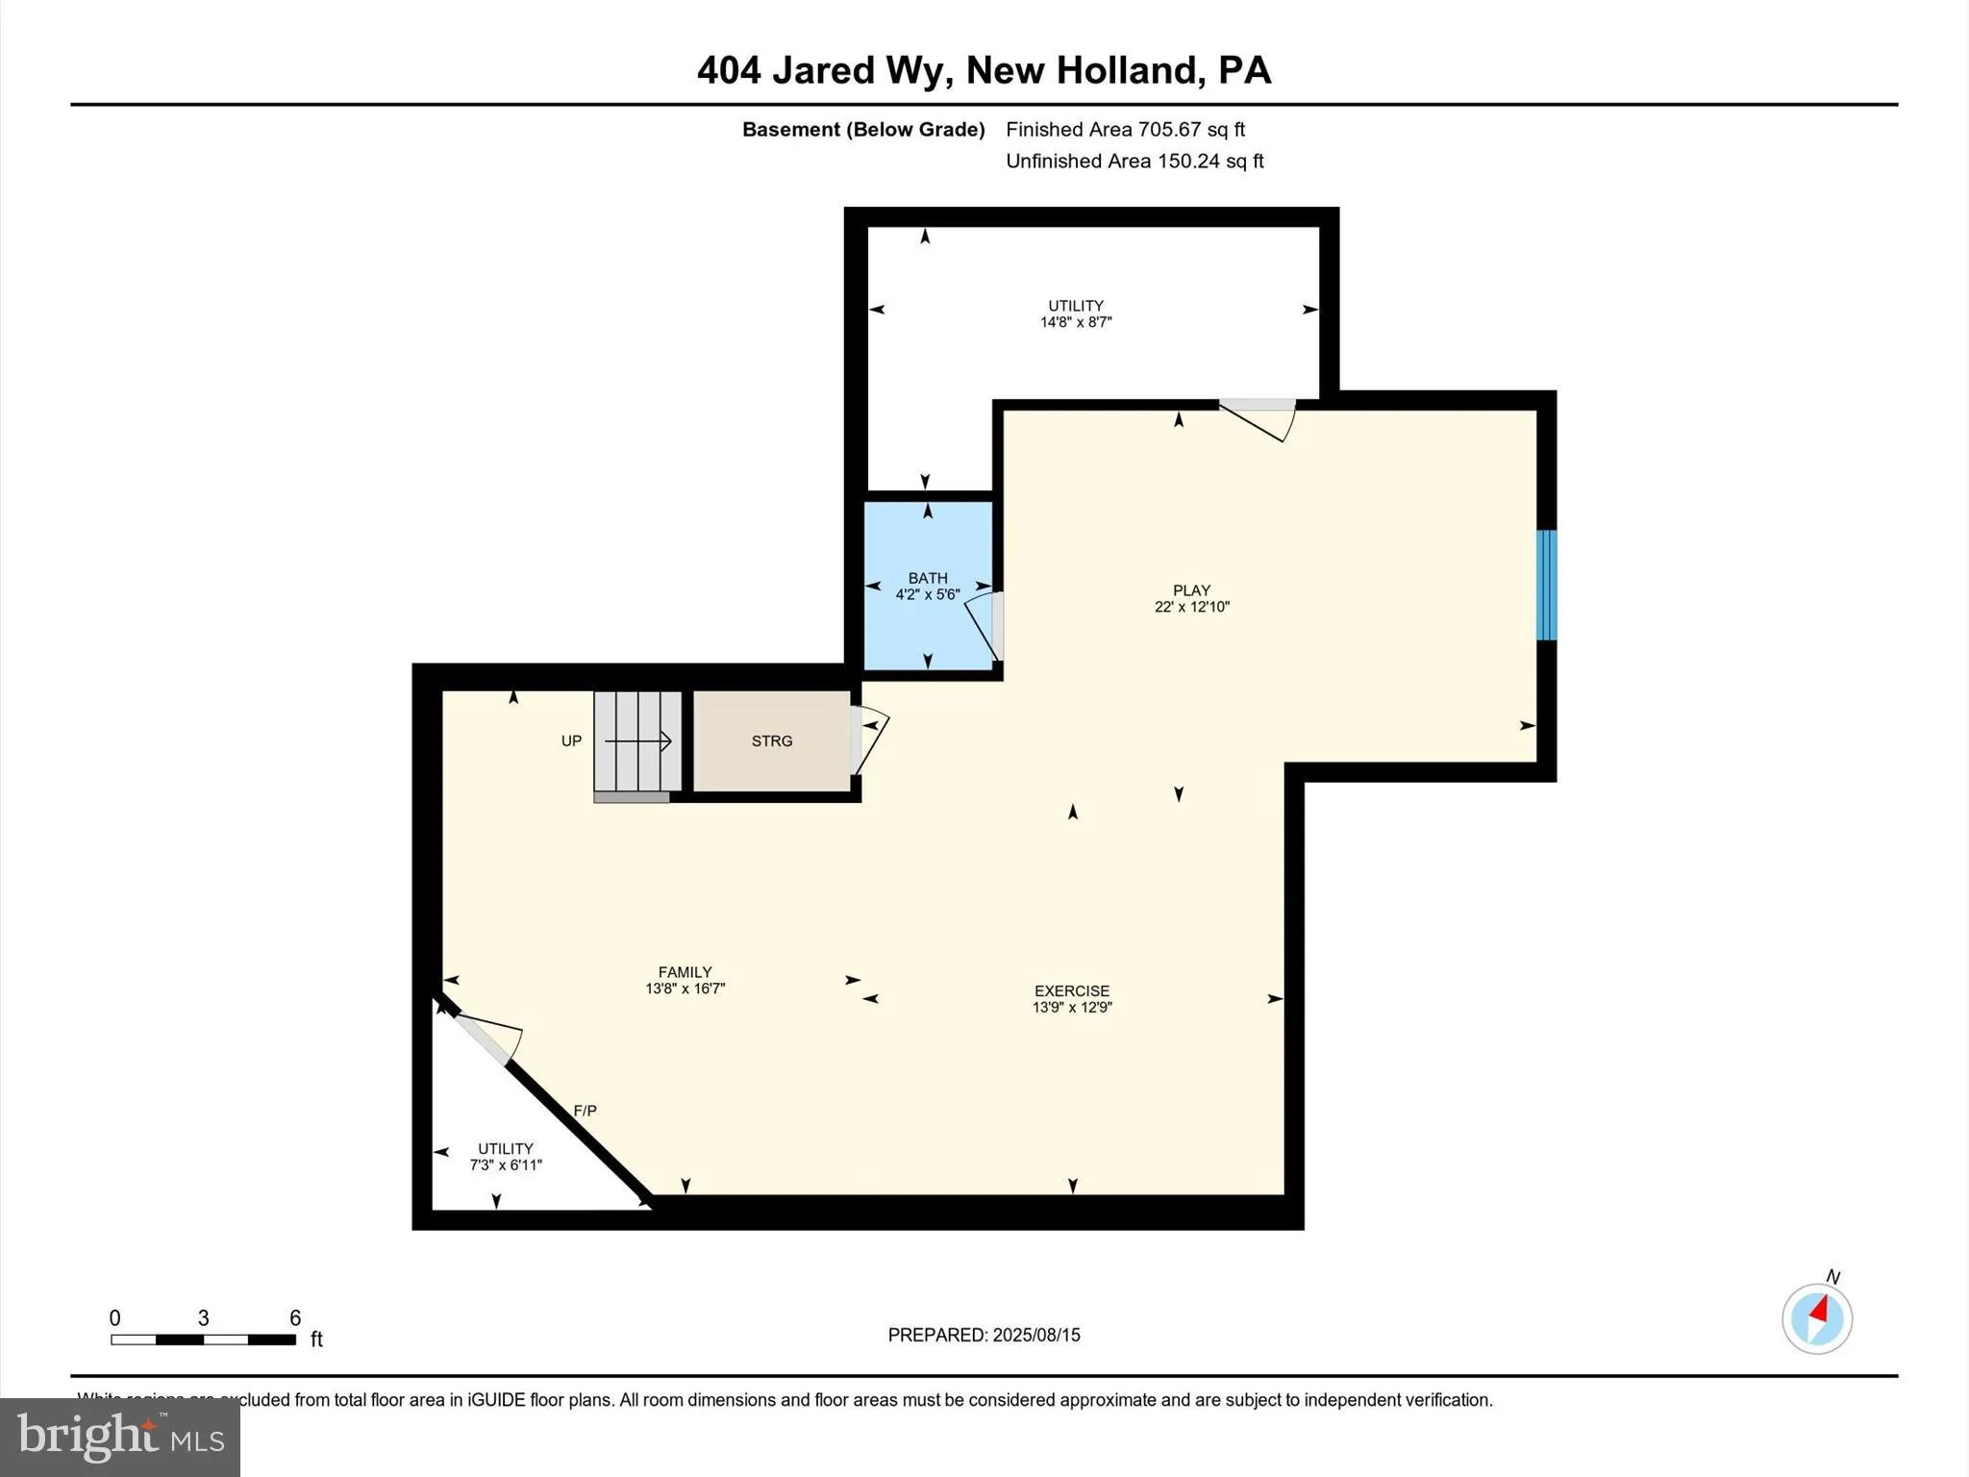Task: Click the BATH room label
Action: (x=928, y=578)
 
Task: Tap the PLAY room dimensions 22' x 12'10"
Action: (x=1191, y=607)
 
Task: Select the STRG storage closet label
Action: (x=772, y=741)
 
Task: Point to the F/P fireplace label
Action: (x=585, y=1111)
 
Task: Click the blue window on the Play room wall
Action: (x=1546, y=585)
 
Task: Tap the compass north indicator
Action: (x=1816, y=1317)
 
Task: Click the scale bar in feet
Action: (x=203, y=1339)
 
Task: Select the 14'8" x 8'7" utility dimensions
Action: (x=1076, y=322)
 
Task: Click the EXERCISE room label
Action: (x=1072, y=990)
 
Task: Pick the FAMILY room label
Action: (x=685, y=972)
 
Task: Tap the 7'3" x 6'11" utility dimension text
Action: (x=506, y=1165)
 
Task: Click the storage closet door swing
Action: (x=868, y=740)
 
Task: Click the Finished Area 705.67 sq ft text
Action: (x=1125, y=130)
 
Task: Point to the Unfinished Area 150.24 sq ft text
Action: (x=1134, y=162)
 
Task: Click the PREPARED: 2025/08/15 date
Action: (x=984, y=1335)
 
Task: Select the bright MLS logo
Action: (x=120, y=1437)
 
